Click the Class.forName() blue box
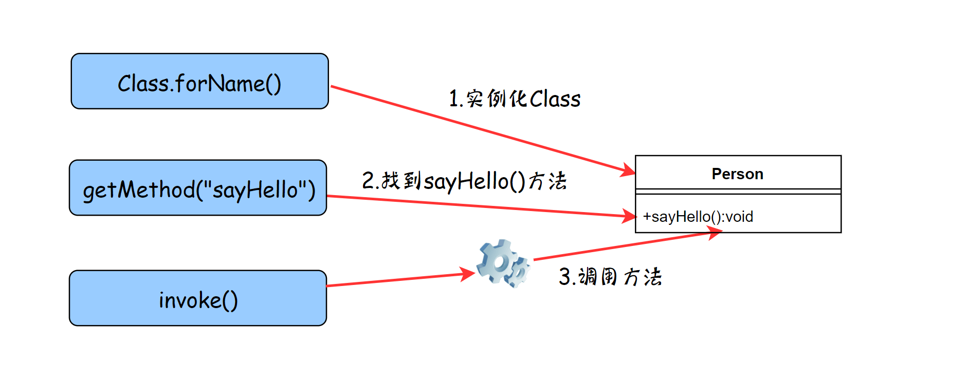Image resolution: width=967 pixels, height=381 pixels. click(x=199, y=81)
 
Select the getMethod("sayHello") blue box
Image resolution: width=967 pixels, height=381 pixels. click(x=198, y=188)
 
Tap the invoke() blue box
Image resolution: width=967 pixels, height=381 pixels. click(x=198, y=298)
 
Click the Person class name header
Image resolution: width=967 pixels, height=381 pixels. click(x=738, y=174)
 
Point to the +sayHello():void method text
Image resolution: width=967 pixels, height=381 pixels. click(x=698, y=217)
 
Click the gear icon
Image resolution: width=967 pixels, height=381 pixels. click(x=502, y=263)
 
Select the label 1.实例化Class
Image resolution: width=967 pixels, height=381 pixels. click(x=515, y=99)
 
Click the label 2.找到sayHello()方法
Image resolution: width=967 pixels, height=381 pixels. click(x=464, y=181)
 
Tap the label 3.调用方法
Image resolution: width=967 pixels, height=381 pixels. click(x=610, y=277)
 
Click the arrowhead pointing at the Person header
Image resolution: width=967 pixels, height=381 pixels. click(x=629, y=169)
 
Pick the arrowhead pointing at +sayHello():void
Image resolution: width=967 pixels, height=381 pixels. click(x=630, y=216)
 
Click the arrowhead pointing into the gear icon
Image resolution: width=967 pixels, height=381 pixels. click(x=468, y=274)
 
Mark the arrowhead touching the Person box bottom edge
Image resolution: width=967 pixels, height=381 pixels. click(x=715, y=234)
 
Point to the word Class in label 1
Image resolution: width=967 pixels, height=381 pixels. click(x=555, y=99)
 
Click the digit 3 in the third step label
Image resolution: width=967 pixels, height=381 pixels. click(x=564, y=277)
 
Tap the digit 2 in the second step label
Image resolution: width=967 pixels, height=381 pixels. click(x=368, y=181)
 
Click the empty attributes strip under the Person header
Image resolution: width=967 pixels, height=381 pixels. click(x=738, y=192)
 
